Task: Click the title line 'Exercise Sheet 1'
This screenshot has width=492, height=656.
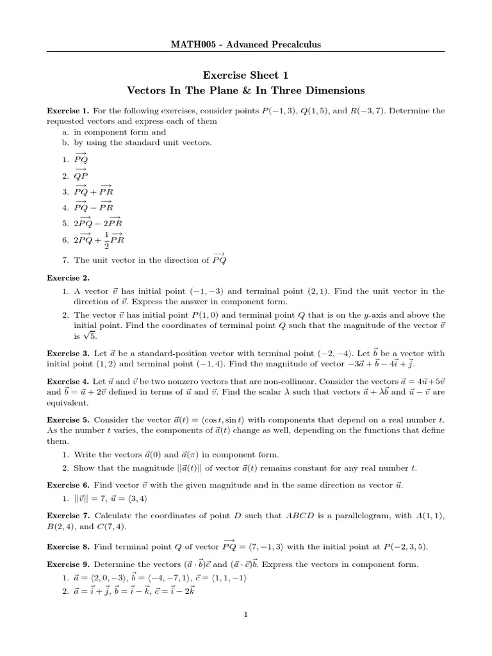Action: pyautogui.click(x=245, y=75)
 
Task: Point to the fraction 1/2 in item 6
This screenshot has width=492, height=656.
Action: pyautogui.click(x=106, y=240)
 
